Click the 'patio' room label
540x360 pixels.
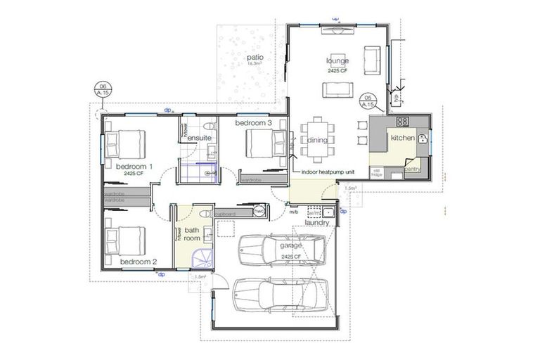click(258, 56)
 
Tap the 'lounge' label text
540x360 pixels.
click(337, 61)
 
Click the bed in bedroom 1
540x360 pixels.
click(127, 144)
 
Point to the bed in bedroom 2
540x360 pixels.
click(127, 240)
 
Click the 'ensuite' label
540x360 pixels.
click(199, 138)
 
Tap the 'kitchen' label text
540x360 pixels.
click(404, 138)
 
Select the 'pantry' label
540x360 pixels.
click(412, 169)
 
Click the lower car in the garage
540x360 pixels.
click(280, 294)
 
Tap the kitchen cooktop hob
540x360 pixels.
click(403, 121)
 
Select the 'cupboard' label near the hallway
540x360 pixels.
click(225, 213)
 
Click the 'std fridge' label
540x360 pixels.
click(377, 172)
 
